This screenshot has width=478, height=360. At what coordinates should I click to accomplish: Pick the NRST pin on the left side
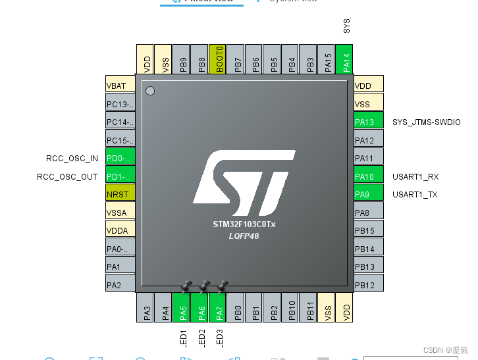(120, 194)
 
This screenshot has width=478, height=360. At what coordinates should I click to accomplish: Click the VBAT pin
(120, 86)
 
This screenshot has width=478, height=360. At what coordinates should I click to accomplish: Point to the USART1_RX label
(415, 176)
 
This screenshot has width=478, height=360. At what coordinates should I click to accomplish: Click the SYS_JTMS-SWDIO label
(427, 122)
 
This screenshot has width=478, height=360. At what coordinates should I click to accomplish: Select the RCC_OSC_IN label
(72, 158)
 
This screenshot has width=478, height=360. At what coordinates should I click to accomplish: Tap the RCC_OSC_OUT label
(67, 176)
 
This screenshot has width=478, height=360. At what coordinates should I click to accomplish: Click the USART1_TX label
(415, 194)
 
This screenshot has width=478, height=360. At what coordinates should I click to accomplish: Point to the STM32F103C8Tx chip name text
(244, 224)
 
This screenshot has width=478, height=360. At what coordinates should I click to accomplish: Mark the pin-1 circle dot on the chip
(150, 90)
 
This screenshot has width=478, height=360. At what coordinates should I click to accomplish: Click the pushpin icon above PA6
(204, 286)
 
